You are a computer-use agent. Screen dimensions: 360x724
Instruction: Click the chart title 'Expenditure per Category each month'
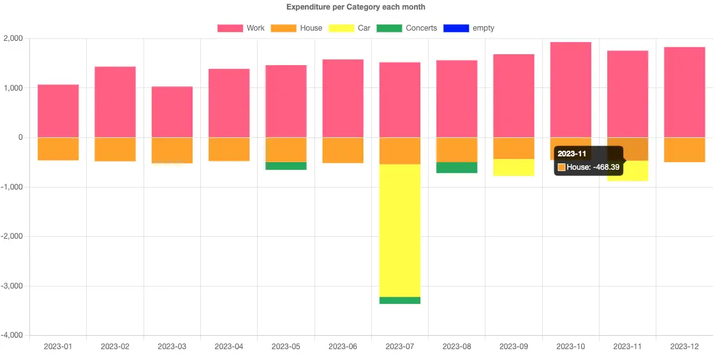355,7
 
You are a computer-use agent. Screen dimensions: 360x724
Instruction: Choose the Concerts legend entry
406,28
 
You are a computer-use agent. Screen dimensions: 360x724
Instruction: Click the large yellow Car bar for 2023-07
399,230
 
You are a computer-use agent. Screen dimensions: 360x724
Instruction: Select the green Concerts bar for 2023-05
286,166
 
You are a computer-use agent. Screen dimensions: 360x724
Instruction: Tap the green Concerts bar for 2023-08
457,167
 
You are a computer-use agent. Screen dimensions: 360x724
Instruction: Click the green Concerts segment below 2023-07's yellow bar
399,300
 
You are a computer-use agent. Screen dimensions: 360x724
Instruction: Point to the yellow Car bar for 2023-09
513,167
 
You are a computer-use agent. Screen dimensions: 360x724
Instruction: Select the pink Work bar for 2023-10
570,89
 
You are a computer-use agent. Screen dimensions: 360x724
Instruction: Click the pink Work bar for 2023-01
58,110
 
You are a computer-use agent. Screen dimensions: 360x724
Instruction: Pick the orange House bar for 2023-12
684,149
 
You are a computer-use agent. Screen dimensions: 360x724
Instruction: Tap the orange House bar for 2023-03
172,150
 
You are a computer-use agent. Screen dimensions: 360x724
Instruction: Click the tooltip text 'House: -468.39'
593,167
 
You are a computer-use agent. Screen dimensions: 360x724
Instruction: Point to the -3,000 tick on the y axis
12,286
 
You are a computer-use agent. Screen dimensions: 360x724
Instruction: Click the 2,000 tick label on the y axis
13,38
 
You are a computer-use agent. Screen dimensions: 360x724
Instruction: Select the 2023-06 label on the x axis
343,347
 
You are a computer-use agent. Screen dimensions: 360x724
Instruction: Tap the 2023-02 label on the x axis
115,347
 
